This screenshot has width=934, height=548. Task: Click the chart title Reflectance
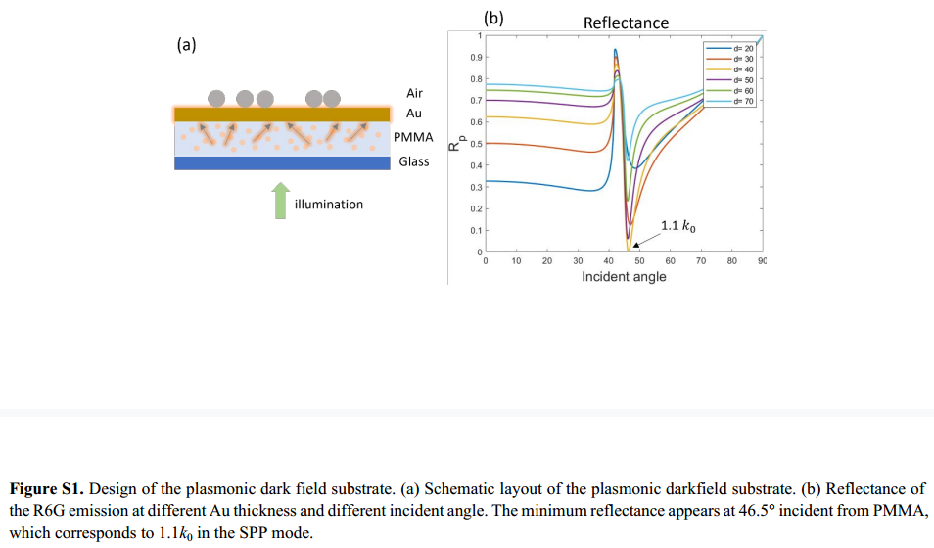(626, 23)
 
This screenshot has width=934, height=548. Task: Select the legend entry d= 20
(741, 48)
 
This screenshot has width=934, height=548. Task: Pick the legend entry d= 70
(741, 100)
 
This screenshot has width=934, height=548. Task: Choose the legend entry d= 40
(741, 69)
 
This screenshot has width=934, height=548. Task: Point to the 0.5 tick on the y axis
(474, 144)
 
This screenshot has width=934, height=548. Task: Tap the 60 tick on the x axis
(670, 261)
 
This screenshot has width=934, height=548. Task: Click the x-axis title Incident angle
(624, 277)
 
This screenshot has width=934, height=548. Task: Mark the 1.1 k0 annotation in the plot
(678, 226)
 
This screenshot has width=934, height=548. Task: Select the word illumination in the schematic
(329, 205)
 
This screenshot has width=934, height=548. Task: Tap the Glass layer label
(413, 161)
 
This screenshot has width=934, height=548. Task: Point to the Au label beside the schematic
(414, 114)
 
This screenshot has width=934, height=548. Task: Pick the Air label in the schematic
(414, 93)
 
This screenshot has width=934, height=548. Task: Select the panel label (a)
(187, 44)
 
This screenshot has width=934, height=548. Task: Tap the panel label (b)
(493, 17)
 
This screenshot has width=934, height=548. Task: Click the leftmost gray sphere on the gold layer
(216, 98)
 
